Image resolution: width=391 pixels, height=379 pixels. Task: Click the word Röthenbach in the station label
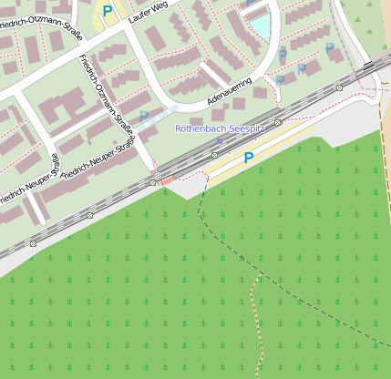pos(200,129)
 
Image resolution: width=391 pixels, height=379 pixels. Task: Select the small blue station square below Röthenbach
pos(219,140)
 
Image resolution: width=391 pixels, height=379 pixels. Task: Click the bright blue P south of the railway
pos(248,159)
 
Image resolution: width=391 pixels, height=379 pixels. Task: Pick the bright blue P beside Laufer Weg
pos(108,11)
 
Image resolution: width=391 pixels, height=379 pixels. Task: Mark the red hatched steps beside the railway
pos(167,181)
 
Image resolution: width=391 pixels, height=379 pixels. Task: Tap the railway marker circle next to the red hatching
pos(152,183)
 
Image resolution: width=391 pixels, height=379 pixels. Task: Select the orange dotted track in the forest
pos(258,319)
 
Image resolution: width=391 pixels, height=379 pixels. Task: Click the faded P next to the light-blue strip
pos(144,117)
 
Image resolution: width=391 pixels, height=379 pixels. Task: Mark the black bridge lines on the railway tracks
pos(368,67)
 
